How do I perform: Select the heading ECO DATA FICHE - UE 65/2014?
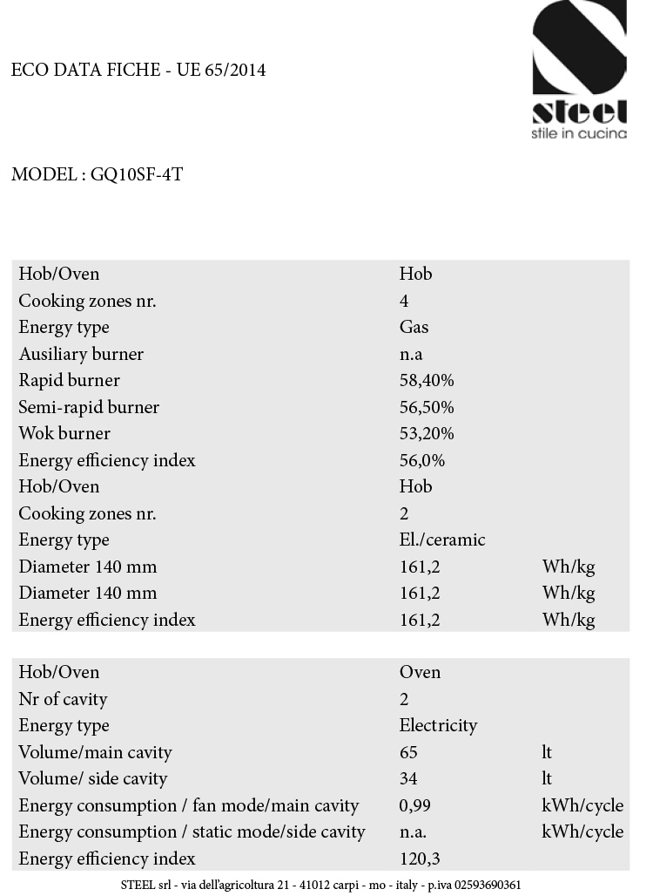[x=138, y=70]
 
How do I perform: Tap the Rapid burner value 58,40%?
[x=427, y=380]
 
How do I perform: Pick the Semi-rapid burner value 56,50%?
[x=427, y=407]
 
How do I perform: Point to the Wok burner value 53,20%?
[x=427, y=433]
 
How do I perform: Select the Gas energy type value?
[x=414, y=327]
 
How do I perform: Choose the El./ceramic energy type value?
[x=442, y=540]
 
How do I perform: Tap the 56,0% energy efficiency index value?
[x=422, y=460]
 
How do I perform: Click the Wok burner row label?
[x=64, y=433]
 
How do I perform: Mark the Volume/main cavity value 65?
[x=408, y=751]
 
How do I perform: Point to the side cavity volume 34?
[x=408, y=778]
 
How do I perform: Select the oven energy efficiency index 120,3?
[x=420, y=859]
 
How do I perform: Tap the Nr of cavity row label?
[x=63, y=699]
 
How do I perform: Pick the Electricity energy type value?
[x=438, y=725]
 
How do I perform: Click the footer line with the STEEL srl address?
[x=321, y=885]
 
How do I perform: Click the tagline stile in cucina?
[x=579, y=133]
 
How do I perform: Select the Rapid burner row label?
[x=70, y=380]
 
